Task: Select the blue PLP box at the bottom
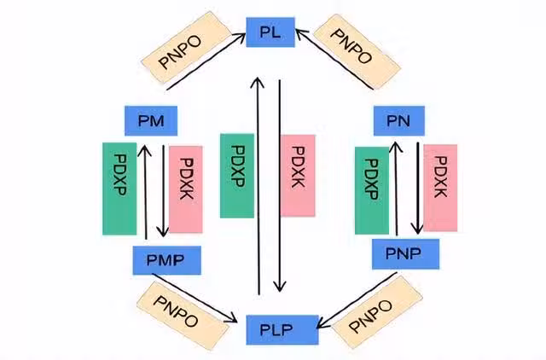[x=282, y=329]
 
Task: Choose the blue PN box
[x=398, y=121]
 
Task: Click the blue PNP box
[x=405, y=253]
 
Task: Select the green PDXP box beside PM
[x=119, y=189]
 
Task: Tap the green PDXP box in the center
[x=236, y=175]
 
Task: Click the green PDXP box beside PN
[x=371, y=189]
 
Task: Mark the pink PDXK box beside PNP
[x=440, y=187]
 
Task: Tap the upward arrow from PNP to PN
[x=395, y=188]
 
